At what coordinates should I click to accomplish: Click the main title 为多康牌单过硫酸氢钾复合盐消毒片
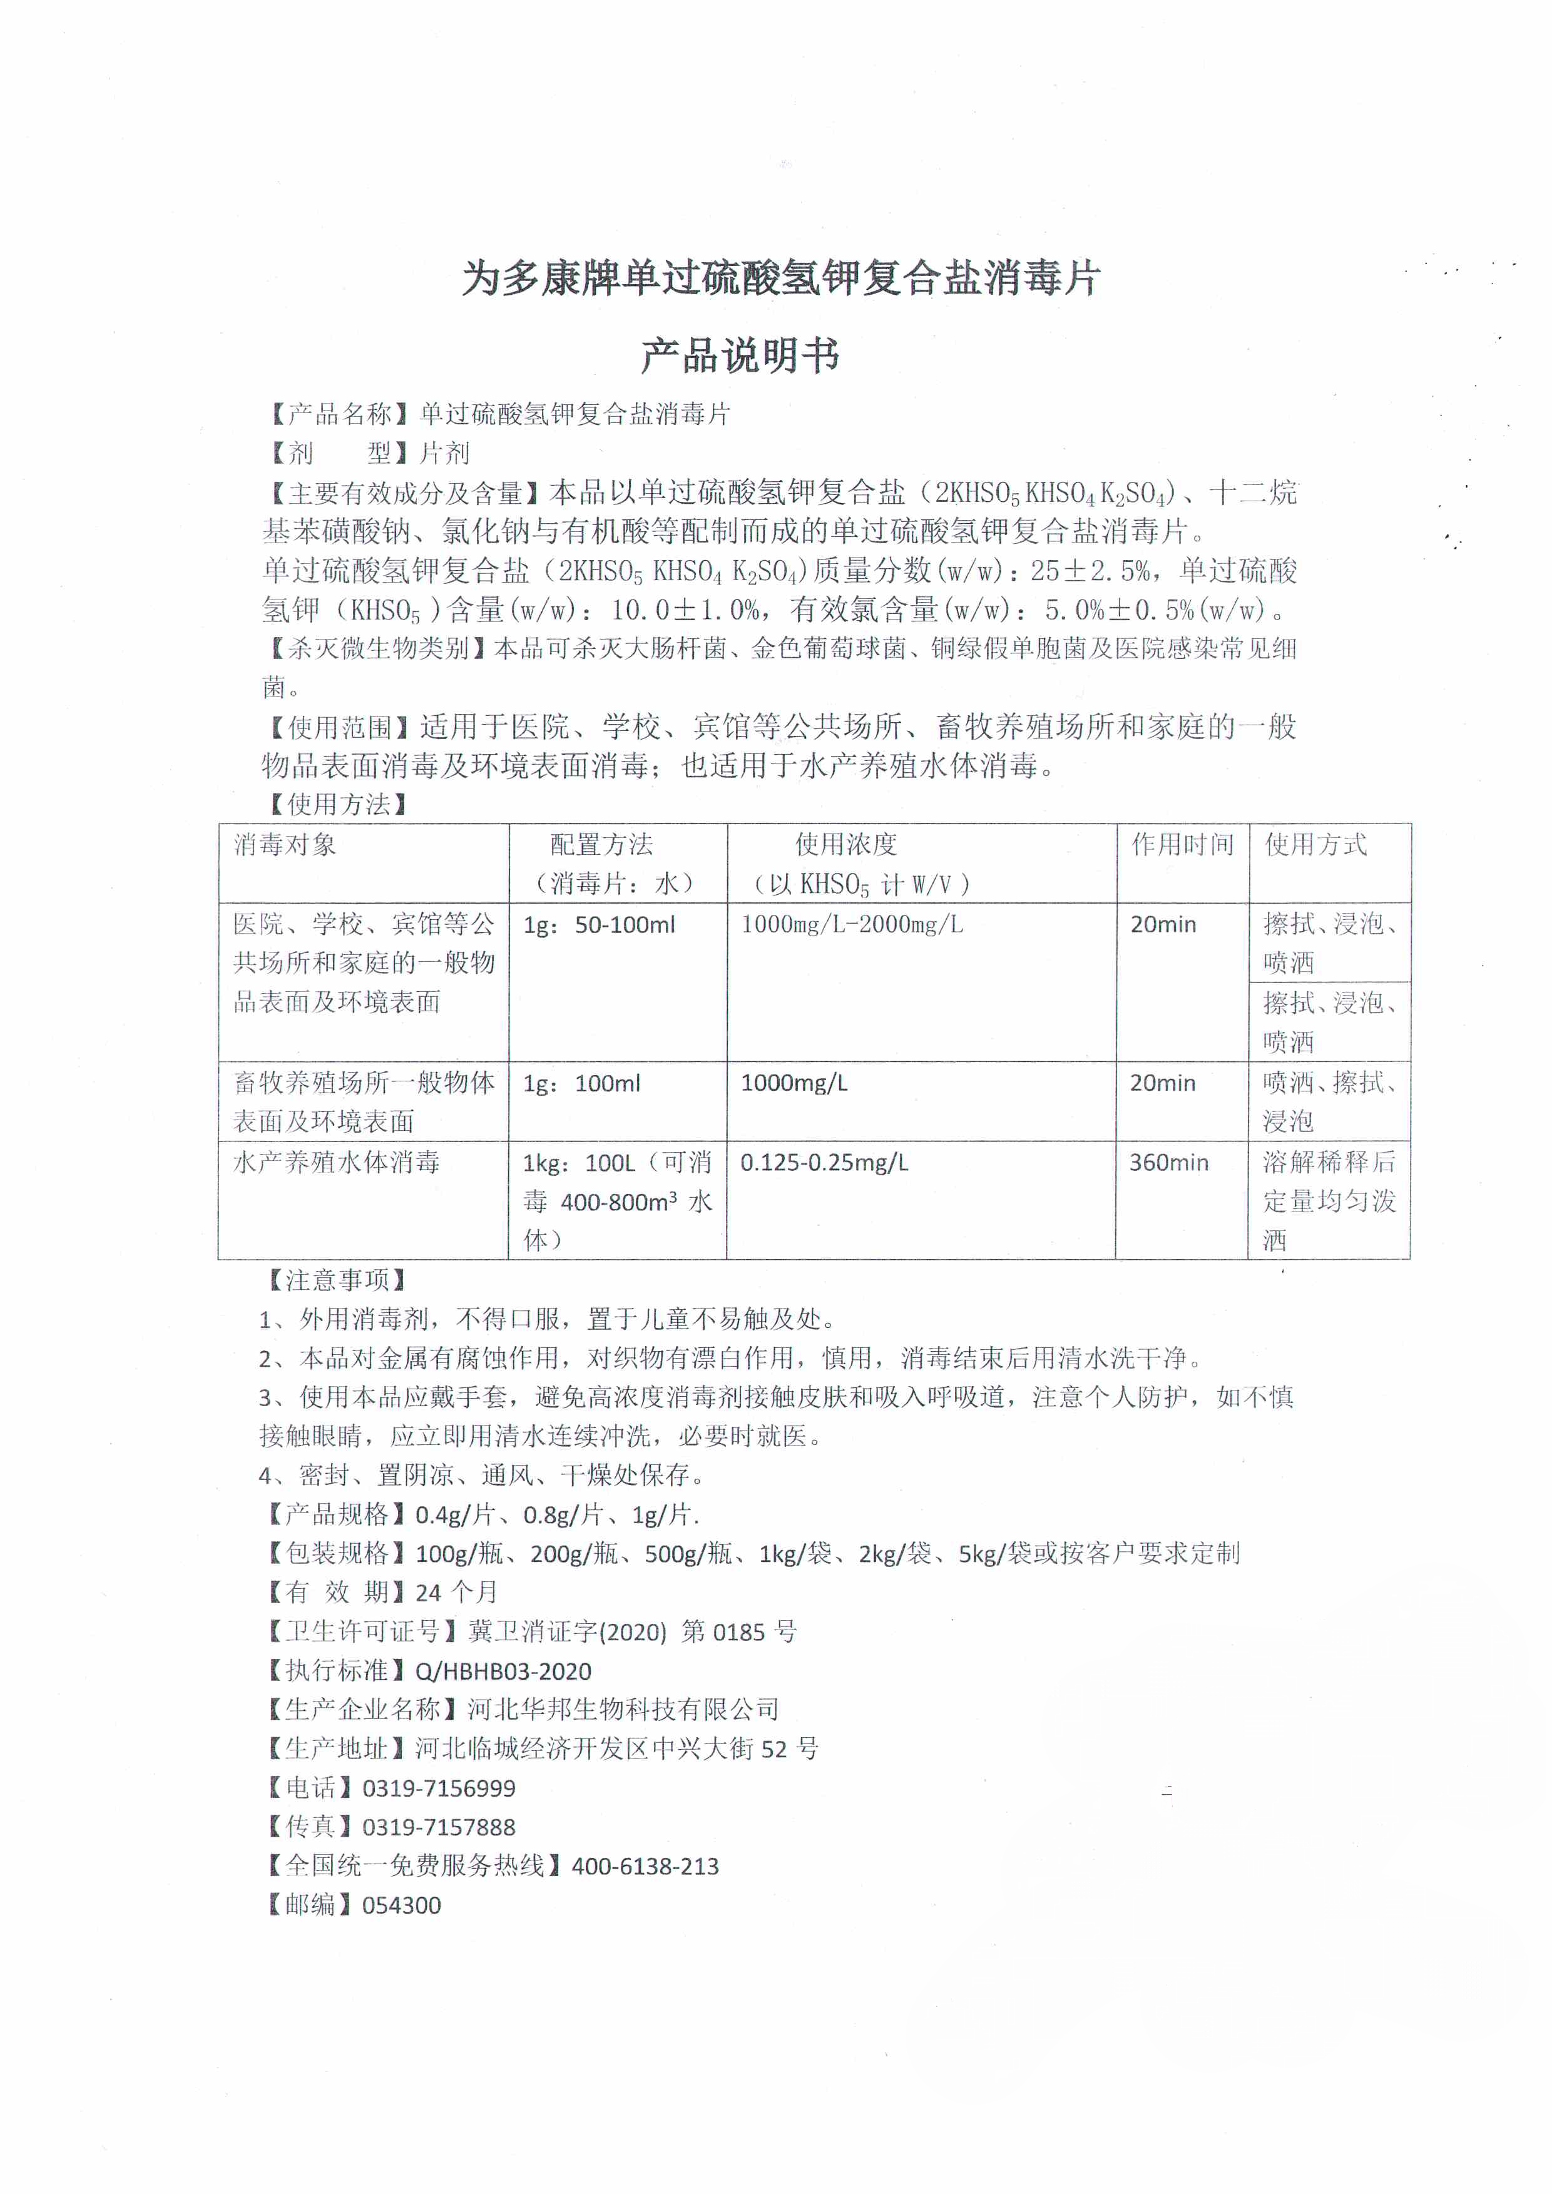pyautogui.click(x=781, y=279)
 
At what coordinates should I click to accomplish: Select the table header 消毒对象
pyautogui.click(x=285, y=845)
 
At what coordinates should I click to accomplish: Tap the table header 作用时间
pyautogui.click(x=1182, y=845)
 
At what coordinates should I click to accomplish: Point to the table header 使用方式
pyautogui.click(x=1316, y=845)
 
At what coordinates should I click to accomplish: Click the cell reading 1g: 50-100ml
pyautogui.click(x=599, y=925)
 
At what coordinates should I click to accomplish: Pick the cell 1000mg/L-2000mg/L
pyautogui.click(x=852, y=924)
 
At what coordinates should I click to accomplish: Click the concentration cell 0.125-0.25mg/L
pyautogui.click(x=824, y=1162)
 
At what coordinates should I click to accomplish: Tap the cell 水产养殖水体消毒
pyautogui.click(x=337, y=1162)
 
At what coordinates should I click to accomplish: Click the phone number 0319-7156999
pyautogui.click(x=439, y=1788)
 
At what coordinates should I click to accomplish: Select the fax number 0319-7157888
pyautogui.click(x=439, y=1827)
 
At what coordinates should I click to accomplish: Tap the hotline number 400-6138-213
pyautogui.click(x=645, y=1866)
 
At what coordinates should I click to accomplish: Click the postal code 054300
pyautogui.click(x=401, y=1906)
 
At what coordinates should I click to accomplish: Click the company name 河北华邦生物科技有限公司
pyautogui.click(x=623, y=1710)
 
